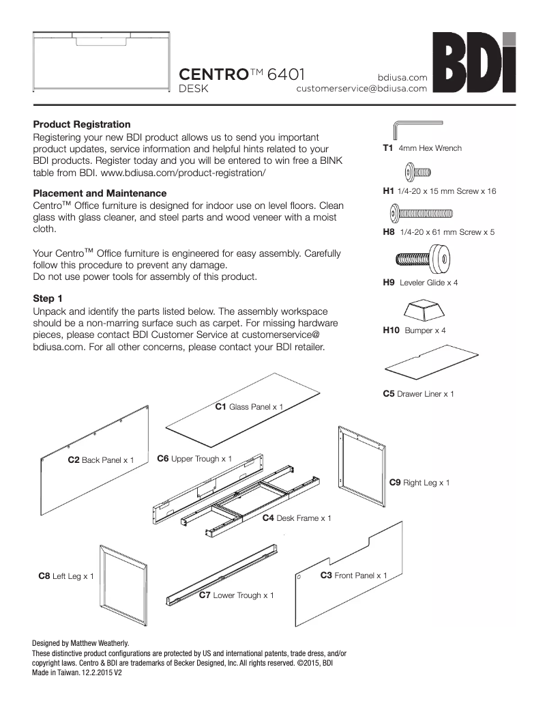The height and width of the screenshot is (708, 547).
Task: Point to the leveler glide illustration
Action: click(x=423, y=259)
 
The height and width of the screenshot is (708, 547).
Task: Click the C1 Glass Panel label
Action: click(x=249, y=407)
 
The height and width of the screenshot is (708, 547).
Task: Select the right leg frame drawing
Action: click(x=361, y=463)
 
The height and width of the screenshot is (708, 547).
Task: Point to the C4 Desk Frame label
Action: click(x=297, y=518)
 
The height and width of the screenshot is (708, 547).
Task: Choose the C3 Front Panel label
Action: click(x=353, y=576)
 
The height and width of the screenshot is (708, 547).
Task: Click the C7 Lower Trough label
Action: click(x=236, y=595)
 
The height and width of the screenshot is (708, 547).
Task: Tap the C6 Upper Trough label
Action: click(x=194, y=458)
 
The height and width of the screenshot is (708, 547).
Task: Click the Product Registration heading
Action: click(x=82, y=124)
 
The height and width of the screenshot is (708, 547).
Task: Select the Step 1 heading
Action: click(x=48, y=298)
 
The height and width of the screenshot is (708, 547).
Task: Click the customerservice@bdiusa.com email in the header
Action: click(x=361, y=88)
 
